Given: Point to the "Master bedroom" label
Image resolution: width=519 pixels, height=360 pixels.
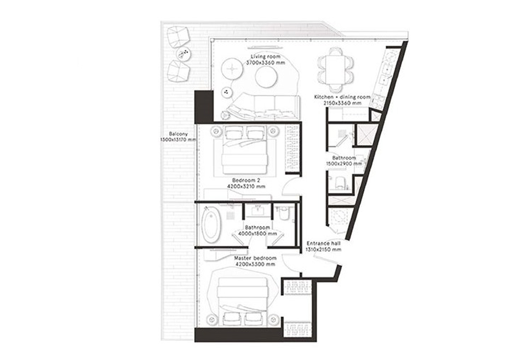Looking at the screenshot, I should (x=255, y=258).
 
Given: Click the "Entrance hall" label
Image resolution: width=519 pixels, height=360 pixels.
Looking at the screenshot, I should (x=324, y=243).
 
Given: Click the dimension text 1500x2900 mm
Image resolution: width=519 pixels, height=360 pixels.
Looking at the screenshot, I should (x=349, y=164).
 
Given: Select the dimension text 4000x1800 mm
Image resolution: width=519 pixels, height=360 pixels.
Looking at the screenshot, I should (x=257, y=234).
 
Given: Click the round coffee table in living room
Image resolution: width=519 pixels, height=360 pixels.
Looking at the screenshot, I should (x=266, y=77).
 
